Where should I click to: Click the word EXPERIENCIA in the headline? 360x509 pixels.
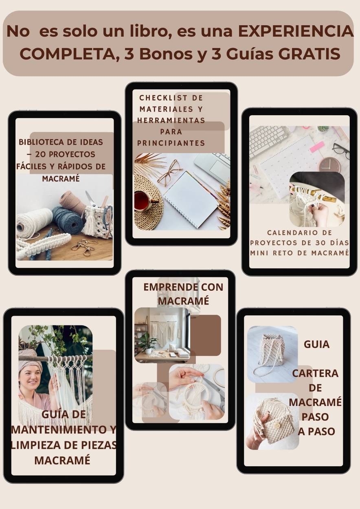pos(296,32)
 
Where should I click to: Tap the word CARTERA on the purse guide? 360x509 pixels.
pos(315,373)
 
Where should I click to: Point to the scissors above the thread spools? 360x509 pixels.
pos(92,200)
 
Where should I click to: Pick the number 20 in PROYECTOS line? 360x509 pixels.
pos(41,154)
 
